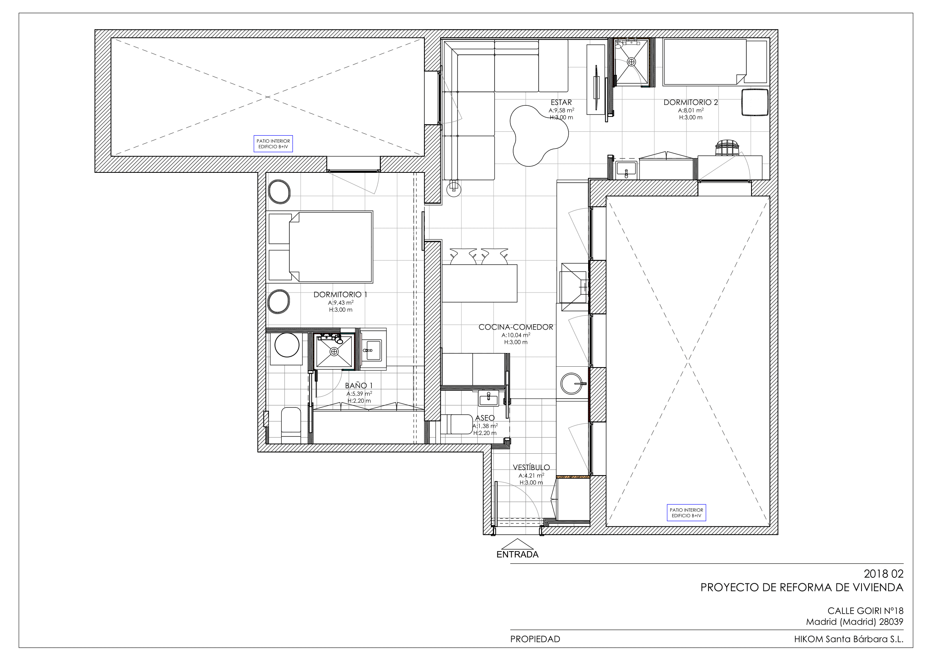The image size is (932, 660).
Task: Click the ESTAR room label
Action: click(561, 103)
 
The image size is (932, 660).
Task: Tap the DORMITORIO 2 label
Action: click(691, 103)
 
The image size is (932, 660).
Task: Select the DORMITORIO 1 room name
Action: click(340, 294)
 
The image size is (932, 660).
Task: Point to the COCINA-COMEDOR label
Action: click(516, 327)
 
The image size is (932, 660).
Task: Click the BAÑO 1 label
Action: click(359, 386)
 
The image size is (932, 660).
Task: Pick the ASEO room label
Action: click(485, 418)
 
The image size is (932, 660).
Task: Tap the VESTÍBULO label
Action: click(531, 467)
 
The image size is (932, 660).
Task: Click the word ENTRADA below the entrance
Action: click(518, 555)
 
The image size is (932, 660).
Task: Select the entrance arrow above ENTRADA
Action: click(517, 544)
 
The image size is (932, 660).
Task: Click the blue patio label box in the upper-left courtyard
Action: click(273, 144)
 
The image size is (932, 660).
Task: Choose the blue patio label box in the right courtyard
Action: click(687, 513)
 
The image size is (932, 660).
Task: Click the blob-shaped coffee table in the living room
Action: click(538, 135)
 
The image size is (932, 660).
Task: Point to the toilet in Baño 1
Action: click(290, 425)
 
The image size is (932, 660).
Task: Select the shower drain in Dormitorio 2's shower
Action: click(632, 62)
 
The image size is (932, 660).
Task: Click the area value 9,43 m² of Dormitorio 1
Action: click(341, 303)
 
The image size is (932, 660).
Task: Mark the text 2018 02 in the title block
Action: click(884, 574)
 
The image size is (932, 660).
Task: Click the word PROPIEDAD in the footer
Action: click(535, 639)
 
